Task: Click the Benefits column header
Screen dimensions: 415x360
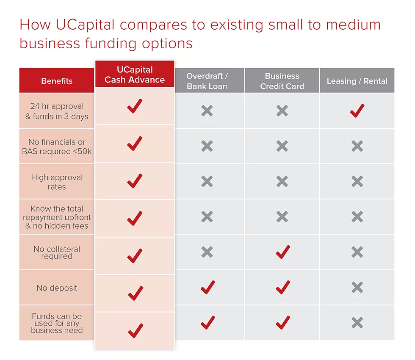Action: (x=57, y=81)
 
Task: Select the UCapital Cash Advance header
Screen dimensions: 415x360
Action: (x=135, y=75)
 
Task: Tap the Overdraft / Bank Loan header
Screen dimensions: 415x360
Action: (x=207, y=81)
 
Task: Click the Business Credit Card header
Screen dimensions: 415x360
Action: (x=282, y=81)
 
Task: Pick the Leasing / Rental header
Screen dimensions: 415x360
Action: (x=357, y=81)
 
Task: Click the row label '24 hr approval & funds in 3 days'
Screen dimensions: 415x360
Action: (x=57, y=111)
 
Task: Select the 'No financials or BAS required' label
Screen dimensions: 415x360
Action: (x=57, y=147)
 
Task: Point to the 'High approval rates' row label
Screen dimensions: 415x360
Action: (x=57, y=182)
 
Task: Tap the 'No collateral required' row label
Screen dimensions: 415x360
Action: (x=57, y=252)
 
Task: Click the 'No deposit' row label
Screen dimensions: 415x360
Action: (x=57, y=288)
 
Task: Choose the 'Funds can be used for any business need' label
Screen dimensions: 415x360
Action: (x=57, y=323)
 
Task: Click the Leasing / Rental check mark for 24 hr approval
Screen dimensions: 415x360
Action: (x=357, y=111)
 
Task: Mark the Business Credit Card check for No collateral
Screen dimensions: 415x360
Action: (x=283, y=252)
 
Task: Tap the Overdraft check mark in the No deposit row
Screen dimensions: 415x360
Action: (x=208, y=287)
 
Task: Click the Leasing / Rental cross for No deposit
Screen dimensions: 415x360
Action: (x=357, y=287)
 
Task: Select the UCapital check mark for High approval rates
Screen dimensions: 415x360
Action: (x=135, y=181)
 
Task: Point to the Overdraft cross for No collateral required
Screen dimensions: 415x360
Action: (x=207, y=252)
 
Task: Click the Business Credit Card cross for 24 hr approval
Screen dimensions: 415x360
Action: (x=282, y=111)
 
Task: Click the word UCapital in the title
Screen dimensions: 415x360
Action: (x=85, y=25)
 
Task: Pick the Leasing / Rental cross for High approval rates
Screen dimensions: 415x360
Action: (x=357, y=181)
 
